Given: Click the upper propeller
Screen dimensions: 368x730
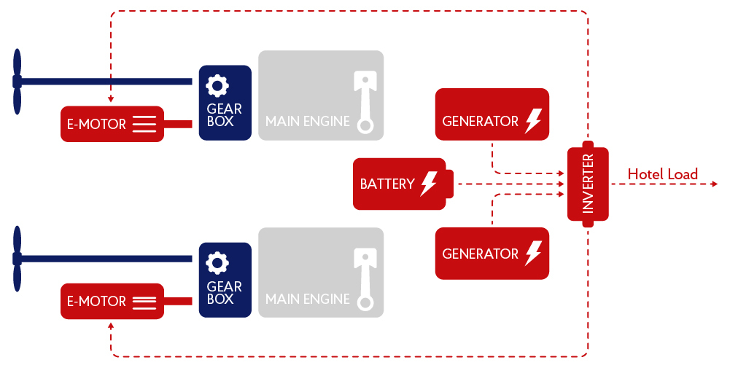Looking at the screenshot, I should point(18,81).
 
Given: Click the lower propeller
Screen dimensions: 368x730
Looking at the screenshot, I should point(18,259).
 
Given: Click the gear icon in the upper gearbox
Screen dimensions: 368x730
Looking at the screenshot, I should point(217,86).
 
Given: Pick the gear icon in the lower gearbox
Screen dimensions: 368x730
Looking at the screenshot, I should point(217,263).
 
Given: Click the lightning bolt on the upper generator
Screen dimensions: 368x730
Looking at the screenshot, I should point(533,121).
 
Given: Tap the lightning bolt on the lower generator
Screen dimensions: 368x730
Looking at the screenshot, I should point(533,254).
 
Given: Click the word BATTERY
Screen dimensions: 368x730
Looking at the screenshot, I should point(387,184).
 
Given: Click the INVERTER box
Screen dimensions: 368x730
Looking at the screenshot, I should point(588,184).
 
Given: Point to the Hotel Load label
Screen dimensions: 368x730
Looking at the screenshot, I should point(662,174).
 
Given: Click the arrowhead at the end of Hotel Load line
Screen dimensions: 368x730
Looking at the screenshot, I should point(714,184).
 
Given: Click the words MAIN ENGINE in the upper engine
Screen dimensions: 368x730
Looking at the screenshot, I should point(307,122).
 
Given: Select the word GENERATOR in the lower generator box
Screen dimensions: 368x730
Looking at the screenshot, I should point(480,254).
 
